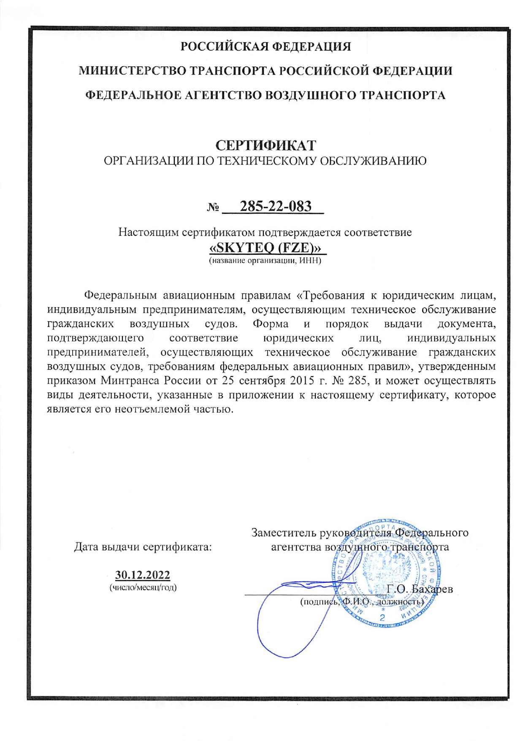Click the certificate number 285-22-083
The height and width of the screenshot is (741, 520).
pos(276,206)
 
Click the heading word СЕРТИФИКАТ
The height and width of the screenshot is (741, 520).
pos(266,145)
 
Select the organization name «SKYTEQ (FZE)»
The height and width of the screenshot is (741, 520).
pos(268,247)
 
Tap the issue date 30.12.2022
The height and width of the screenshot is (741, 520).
pos(143,575)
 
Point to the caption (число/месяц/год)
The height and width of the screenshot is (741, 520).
pos(143,587)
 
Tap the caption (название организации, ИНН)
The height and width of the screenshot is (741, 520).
pos(265,260)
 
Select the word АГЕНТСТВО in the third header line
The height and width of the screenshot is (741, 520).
pos(223,95)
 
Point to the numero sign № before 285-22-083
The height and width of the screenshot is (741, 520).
pos(213,208)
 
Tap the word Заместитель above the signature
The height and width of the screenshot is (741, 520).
pos(284,533)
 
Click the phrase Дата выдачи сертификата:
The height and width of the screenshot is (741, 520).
pos(143,547)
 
